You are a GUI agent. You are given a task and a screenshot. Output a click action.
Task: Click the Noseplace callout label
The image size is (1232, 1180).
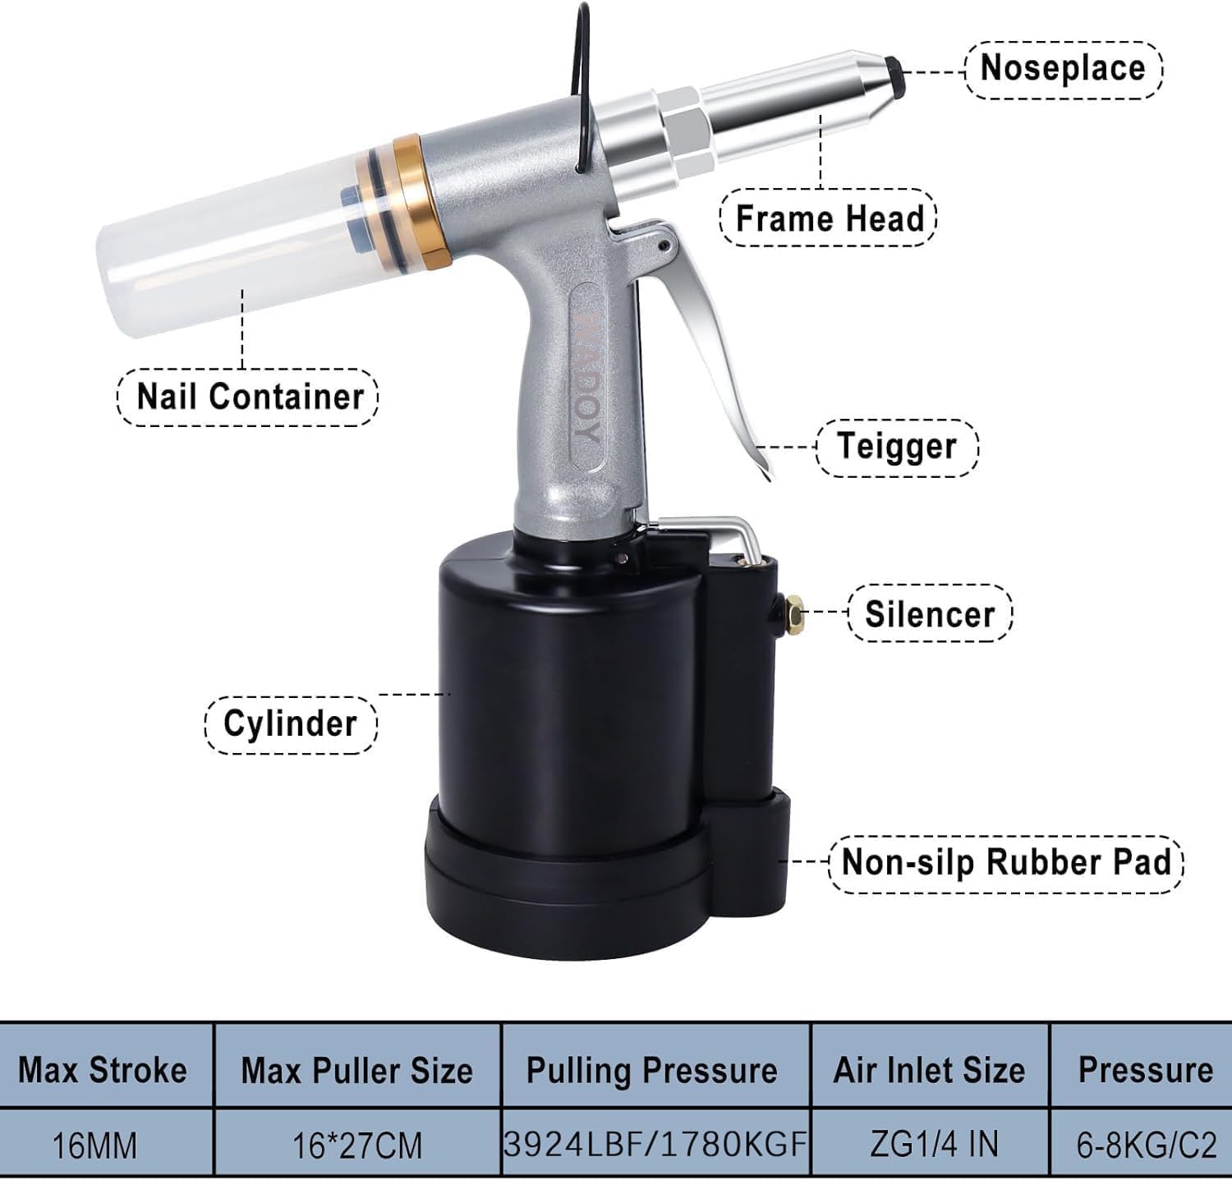coord(1063,67)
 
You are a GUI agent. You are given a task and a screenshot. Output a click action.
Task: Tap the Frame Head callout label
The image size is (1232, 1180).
coord(829,218)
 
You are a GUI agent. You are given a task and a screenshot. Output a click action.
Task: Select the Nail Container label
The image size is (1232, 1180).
coord(249,397)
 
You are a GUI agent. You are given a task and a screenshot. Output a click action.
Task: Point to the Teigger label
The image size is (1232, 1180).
coord(897,447)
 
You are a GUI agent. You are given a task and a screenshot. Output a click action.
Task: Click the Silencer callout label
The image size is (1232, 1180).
coord(930,613)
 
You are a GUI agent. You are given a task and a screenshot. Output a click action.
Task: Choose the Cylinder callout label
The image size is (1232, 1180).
coord(290,723)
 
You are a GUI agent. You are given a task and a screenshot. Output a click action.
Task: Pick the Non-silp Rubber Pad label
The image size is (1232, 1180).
coord(1005,862)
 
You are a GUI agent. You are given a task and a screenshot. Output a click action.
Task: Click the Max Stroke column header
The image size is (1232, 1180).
coord(103,1069)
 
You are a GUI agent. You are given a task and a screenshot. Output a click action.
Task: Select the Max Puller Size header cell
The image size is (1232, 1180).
coord(356,1069)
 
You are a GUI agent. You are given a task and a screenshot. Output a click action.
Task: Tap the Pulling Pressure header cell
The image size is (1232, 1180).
coord(652,1069)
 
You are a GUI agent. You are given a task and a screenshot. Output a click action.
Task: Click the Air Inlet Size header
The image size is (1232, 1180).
coord(929,1069)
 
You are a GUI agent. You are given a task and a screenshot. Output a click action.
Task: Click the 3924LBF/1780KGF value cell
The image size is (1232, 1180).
coord(655,1143)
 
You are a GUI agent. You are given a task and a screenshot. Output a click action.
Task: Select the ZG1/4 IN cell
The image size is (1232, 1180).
coord(929,1144)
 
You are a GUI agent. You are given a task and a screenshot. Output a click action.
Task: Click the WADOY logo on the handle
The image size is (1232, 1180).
coord(585,377)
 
